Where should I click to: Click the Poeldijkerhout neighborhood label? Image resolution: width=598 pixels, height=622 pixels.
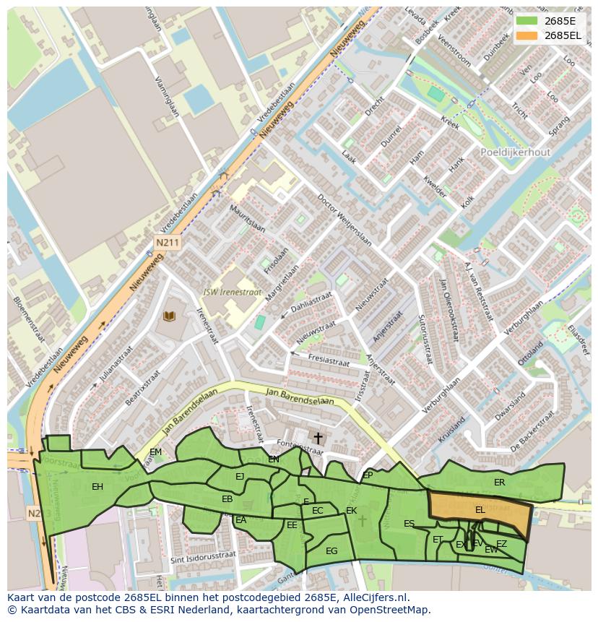515,152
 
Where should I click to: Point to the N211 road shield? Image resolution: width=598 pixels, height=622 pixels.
167,243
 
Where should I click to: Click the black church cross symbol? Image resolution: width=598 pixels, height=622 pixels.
318,438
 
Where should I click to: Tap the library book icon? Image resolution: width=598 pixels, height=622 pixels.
170,316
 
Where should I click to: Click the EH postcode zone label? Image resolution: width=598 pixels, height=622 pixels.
97,486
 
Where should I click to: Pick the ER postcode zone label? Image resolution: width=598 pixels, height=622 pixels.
499,482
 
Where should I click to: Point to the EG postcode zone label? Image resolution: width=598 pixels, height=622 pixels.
331,550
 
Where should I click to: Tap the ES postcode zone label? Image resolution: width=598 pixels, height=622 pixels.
409,524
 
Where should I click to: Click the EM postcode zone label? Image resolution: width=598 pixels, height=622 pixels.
155,452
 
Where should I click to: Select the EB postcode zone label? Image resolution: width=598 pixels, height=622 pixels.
227,499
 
